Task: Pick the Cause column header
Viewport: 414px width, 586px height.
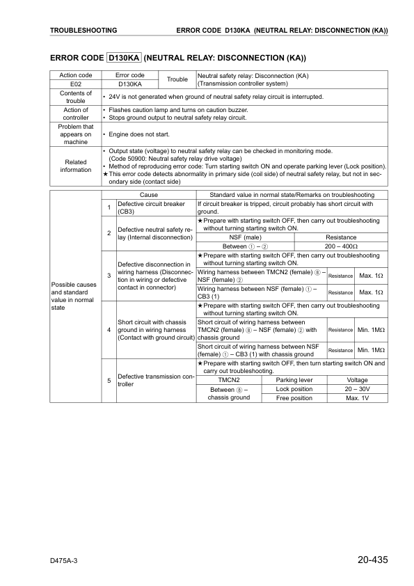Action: click(x=149, y=195)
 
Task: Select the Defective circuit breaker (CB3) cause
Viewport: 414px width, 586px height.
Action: click(x=152, y=207)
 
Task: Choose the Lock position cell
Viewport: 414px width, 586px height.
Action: click(x=294, y=389)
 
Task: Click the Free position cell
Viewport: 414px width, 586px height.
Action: click(x=294, y=398)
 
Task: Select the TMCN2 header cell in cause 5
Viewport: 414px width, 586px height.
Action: click(x=228, y=380)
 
